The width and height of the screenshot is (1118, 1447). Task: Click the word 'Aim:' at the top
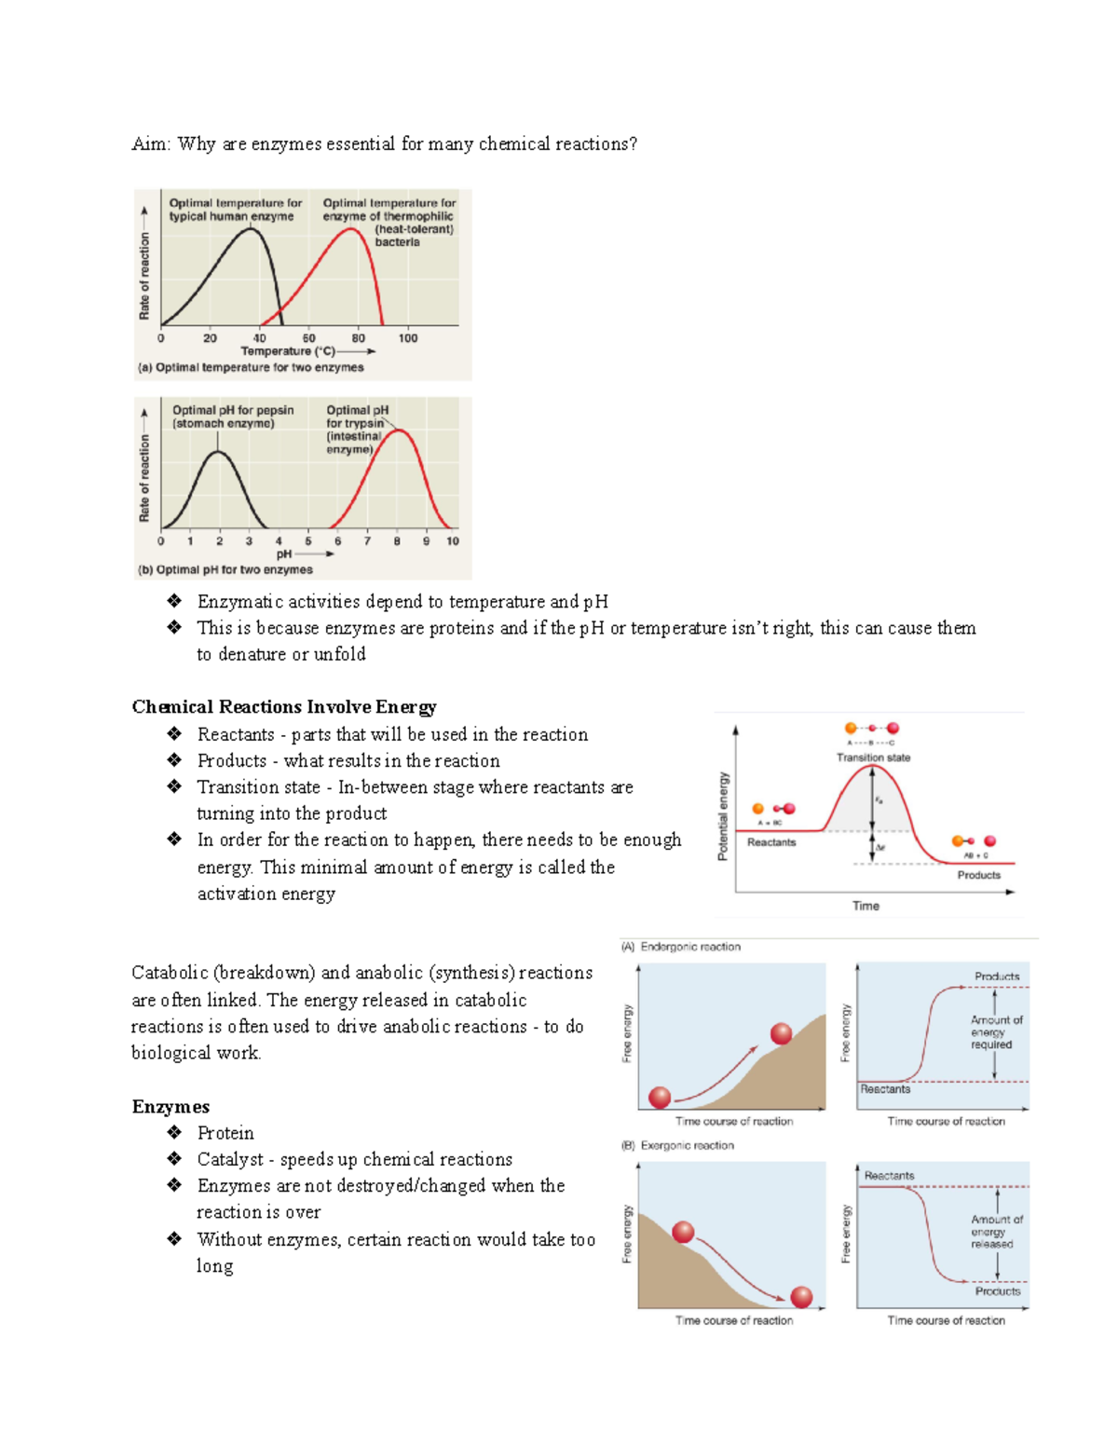pos(150,144)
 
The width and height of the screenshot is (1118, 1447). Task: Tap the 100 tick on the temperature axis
pos(408,338)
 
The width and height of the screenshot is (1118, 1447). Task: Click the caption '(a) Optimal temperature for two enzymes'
pos(251,368)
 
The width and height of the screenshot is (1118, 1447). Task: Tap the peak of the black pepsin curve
pos(218,452)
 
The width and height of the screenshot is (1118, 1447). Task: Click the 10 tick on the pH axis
pos(453,541)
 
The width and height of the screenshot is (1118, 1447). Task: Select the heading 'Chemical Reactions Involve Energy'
pos(284,707)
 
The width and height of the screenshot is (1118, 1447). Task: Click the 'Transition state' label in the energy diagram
pos(873,758)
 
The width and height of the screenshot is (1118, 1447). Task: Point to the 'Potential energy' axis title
pos(723,816)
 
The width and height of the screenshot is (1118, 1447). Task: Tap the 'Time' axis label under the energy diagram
pos(866,906)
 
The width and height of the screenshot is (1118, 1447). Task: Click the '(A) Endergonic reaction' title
pos(681,947)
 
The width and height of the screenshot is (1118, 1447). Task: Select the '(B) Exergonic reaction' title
pos(678,1146)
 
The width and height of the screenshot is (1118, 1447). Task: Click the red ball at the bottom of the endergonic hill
pos(660,1097)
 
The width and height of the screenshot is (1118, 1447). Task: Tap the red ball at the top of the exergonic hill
pos(683,1232)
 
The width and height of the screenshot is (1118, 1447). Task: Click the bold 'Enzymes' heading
pos(170,1107)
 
